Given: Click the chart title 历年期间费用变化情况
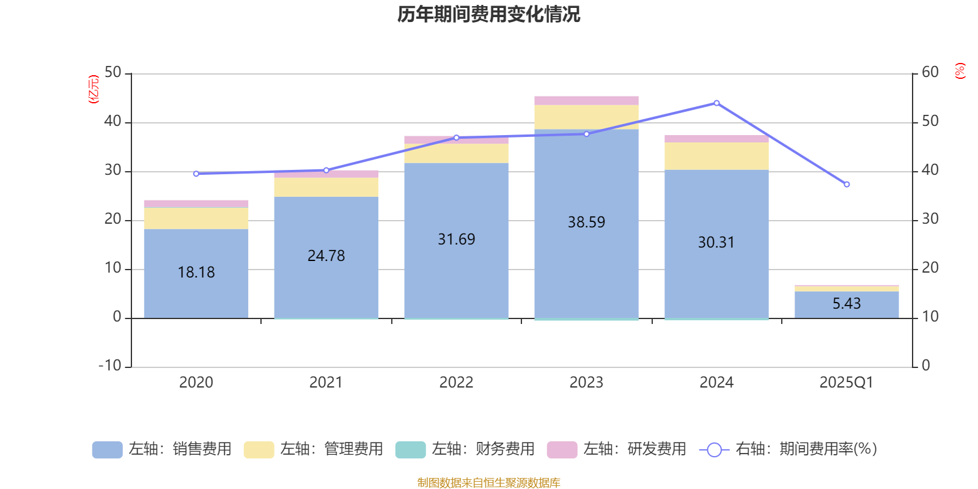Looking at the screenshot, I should pos(488,14).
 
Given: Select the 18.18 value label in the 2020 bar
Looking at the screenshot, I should pos(196,272).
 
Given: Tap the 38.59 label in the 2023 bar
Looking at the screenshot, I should pos(586,222).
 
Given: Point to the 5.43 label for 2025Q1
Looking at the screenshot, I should pos(847,303).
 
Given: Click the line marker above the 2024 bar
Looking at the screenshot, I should pos(716,103).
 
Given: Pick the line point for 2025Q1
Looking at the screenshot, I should pos(847,184).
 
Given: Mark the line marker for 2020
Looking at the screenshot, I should pos(196,174).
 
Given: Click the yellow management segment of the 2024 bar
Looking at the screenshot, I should pos(716,156).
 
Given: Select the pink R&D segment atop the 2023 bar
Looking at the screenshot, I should pos(586,100).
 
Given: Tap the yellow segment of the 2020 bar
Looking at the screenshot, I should pos(196,218).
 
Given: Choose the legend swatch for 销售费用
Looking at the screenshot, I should pos(107,449).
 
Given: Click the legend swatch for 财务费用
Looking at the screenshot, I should pos(410,449).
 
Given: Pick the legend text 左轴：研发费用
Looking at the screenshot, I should pos(634,449).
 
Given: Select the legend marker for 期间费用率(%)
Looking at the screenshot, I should pos(714,450).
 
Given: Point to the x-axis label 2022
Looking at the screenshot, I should pos(456,383).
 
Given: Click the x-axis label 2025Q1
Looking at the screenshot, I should pos(846,383).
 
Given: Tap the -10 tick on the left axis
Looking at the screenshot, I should pos(111,366).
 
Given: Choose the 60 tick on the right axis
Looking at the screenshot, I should pos(930,72).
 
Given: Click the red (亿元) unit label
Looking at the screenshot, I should pos(94,89).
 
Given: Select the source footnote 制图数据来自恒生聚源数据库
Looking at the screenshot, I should pos(488,483).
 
